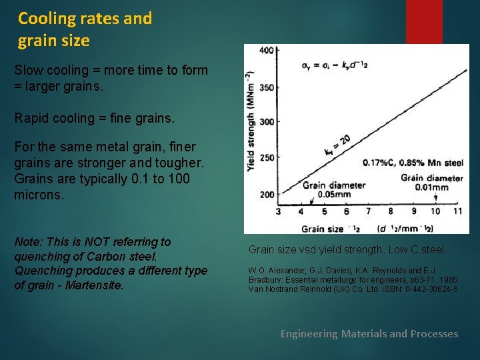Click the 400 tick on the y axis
coord(266,51)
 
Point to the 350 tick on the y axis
coord(266,87)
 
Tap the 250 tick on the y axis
coord(266,158)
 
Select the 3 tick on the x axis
coord(279,211)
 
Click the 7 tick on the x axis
coord(369,211)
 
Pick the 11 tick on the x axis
coord(457,211)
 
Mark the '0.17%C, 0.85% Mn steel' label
coord(412,163)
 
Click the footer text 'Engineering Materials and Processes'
coord(369,333)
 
